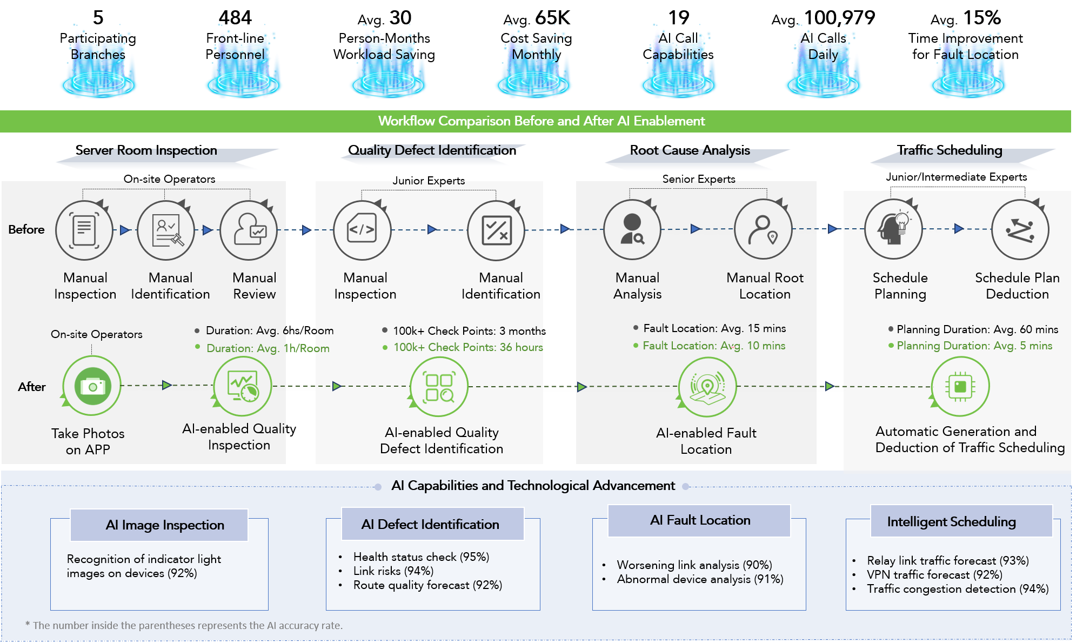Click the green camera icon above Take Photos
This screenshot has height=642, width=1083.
pos(92,386)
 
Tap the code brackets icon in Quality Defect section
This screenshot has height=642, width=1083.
pos(362,230)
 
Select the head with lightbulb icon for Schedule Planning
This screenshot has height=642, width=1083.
pos(894,229)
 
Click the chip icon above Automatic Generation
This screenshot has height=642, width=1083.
pos(960,386)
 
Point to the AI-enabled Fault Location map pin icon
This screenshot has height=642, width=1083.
pos(707,387)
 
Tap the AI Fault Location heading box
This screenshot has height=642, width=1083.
pos(699,520)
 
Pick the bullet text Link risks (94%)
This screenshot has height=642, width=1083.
pos(393,571)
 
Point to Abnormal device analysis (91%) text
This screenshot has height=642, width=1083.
pos(700,579)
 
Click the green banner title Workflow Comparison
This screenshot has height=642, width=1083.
pos(541,121)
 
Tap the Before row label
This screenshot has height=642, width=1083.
pos(26,229)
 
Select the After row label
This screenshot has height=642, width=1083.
pos(32,387)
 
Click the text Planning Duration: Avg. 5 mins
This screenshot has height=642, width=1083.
pos(974,346)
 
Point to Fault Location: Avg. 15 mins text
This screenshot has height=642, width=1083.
pos(714,328)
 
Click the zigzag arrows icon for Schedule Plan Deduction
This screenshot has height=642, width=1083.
pos(1020,230)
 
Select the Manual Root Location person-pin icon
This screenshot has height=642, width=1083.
pos(763,230)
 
